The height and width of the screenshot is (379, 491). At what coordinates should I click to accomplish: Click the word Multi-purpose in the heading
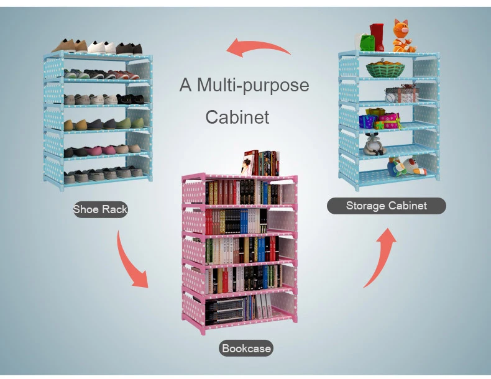pyautogui.click(x=252, y=85)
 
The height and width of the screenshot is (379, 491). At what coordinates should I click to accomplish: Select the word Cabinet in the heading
pyautogui.click(x=237, y=117)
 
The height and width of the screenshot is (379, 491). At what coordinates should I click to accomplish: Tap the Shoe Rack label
pyautogui.click(x=100, y=209)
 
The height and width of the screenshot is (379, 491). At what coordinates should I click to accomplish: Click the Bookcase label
pyautogui.click(x=247, y=349)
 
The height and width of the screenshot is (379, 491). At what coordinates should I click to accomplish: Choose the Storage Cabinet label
pyautogui.click(x=387, y=206)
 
